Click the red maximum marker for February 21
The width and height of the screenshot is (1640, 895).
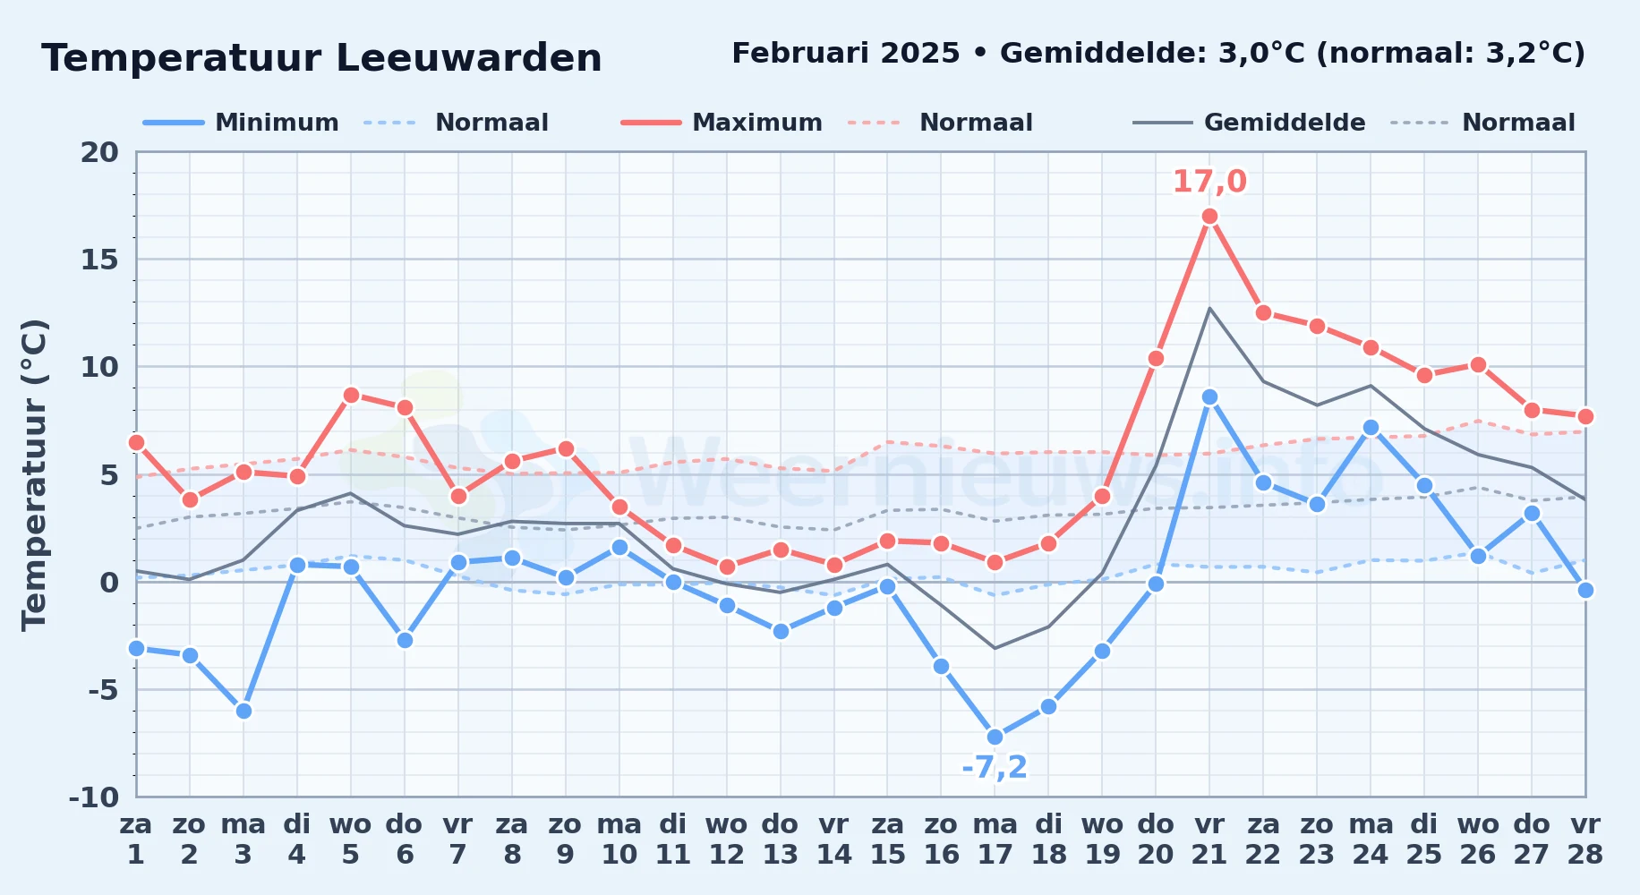click(1209, 217)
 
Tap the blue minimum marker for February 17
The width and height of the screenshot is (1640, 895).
click(995, 737)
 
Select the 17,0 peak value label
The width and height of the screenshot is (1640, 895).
click(1209, 182)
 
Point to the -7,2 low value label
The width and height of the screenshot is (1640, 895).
click(995, 767)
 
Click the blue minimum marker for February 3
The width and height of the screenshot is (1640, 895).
click(243, 712)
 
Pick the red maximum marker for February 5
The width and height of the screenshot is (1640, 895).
click(351, 395)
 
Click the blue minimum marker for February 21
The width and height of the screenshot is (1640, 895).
click(1209, 396)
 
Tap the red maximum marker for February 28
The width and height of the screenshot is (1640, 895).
click(1585, 416)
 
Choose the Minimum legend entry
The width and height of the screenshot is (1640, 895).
click(242, 123)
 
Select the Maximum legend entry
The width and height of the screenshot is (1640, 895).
click(722, 123)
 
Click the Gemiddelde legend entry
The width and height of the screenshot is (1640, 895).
click(1250, 123)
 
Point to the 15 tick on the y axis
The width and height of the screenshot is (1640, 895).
click(99, 260)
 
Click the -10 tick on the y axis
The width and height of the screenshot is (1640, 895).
click(93, 797)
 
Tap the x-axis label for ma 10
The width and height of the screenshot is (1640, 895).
click(619, 840)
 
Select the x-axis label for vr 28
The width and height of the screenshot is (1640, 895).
click(1585, 840)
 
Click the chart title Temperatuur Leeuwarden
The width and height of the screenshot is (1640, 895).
click(321, 58)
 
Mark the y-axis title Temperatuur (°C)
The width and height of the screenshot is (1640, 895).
click(34, 474)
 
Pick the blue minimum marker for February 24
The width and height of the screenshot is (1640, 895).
click(1371, 428)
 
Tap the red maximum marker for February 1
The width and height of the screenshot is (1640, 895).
click(136, 442)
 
